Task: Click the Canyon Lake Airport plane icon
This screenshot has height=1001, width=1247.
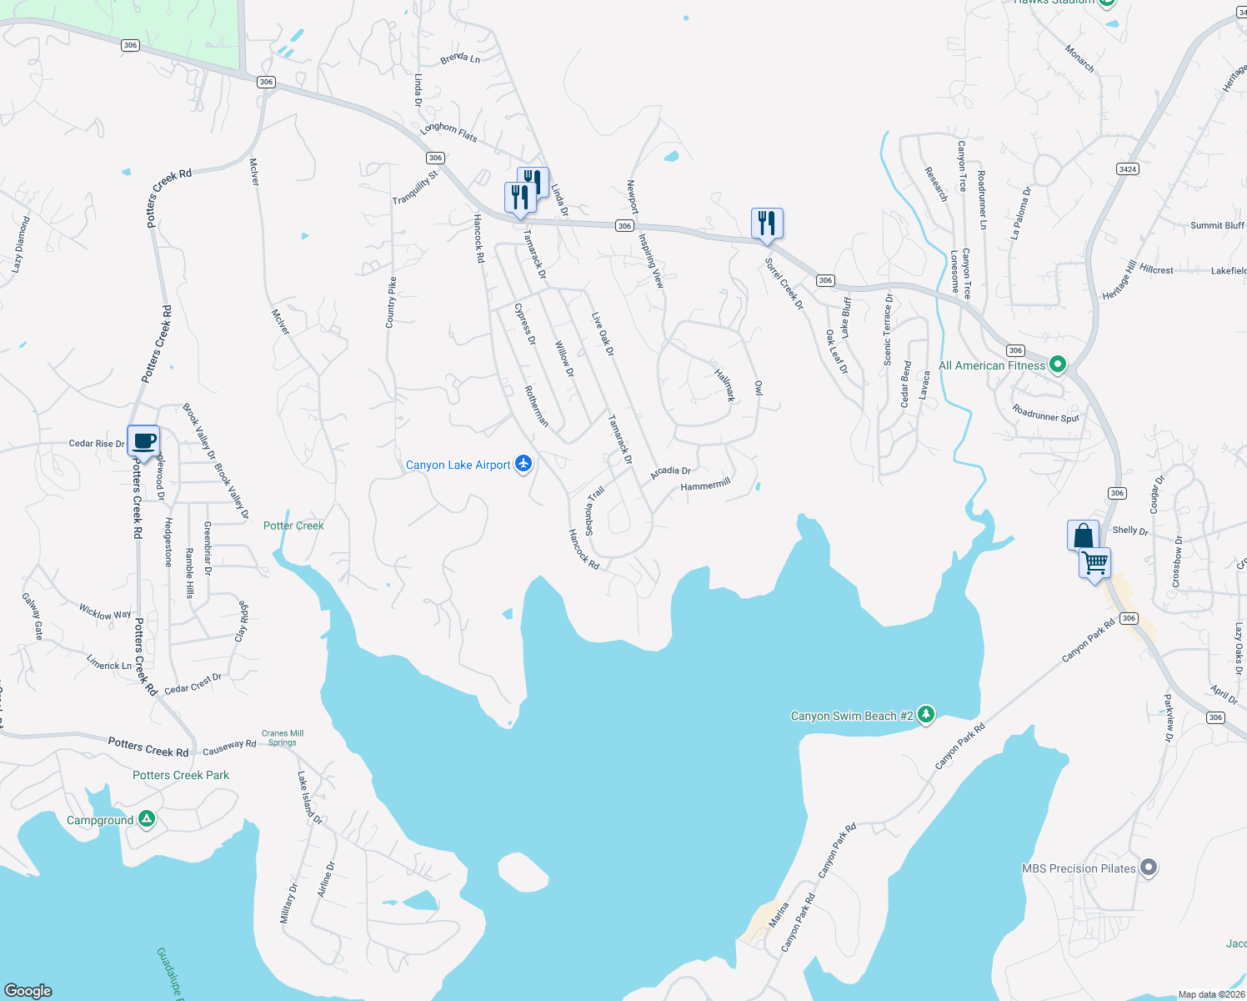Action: point(523,464)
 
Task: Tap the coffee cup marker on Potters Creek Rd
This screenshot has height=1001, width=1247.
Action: point(143,440)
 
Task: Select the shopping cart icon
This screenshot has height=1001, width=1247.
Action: point(1094,563)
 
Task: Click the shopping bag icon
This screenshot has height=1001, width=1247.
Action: point(1083,535)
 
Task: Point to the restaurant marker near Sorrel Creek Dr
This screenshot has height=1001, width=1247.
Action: point(767,224)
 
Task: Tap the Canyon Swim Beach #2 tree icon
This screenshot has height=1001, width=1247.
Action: point(925,715)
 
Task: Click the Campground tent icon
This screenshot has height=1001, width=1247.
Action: point(147,819)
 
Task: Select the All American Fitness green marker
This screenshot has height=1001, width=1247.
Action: point(1058,365)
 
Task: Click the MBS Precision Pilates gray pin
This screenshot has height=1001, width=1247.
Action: point(1149,868)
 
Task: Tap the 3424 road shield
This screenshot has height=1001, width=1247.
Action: point(1127,169)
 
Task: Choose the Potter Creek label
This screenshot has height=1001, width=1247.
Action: point(293,526)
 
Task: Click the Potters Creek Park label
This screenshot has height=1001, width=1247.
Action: point(181,775)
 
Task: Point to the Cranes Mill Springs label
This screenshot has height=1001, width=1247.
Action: point(283,738)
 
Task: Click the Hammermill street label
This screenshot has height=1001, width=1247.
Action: point(705,485)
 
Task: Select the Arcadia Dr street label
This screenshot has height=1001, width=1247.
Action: point(670,472)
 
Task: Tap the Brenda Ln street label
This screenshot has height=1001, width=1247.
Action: point(460,58)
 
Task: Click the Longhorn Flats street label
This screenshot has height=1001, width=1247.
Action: point(448,132)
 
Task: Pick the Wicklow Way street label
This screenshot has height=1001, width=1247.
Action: point(105,612)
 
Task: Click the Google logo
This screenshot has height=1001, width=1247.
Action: point(28,991)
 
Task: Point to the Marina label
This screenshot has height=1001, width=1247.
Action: point(778,915)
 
